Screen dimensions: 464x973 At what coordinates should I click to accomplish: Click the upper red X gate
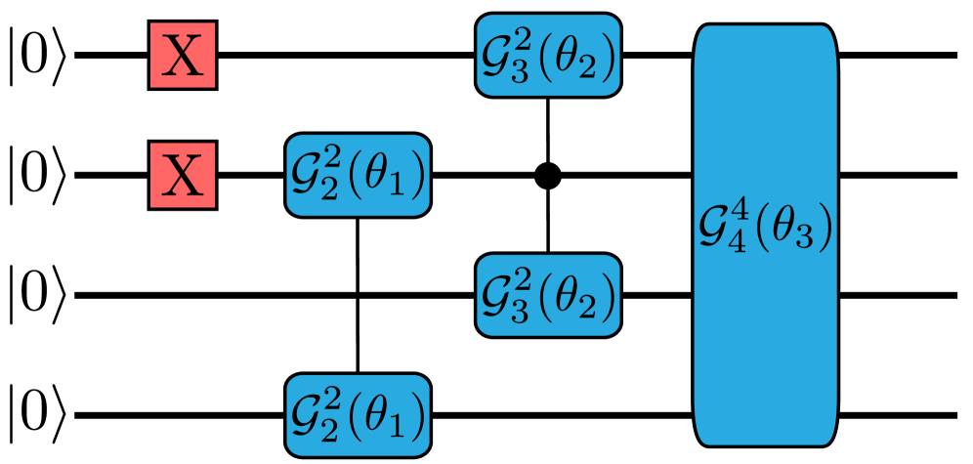(x=182, y=55)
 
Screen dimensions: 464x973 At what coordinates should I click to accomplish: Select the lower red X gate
(x=182, y=176)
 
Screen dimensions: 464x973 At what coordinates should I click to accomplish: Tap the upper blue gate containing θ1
(x=358, y=176)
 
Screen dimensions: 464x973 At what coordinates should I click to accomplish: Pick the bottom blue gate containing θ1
(x=358, y=415)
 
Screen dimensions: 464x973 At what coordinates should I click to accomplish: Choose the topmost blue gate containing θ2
(x=548, y=56)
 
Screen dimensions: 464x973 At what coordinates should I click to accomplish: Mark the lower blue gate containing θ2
(x=548, y=295)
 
